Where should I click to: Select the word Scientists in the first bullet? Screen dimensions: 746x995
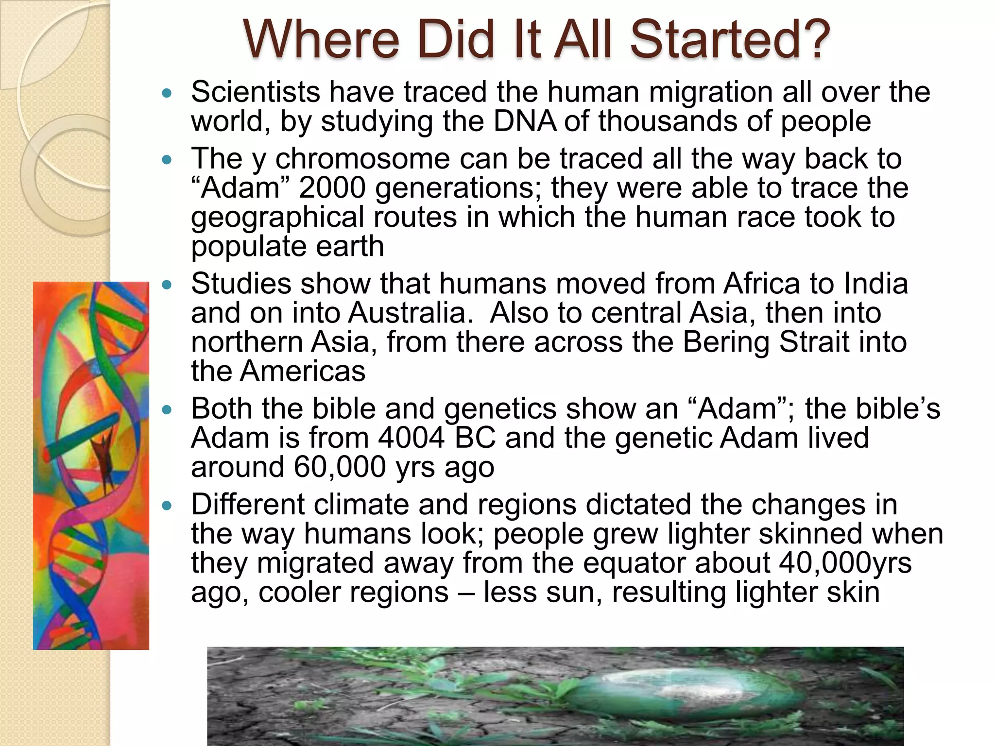256,92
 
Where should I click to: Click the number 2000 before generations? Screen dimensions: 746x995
332,188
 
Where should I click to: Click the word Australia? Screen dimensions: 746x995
410,313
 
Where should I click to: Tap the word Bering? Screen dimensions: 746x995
726,343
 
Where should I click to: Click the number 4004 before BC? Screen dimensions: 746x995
411,438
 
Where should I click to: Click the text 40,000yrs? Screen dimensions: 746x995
845,563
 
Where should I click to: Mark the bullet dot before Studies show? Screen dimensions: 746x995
167,285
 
